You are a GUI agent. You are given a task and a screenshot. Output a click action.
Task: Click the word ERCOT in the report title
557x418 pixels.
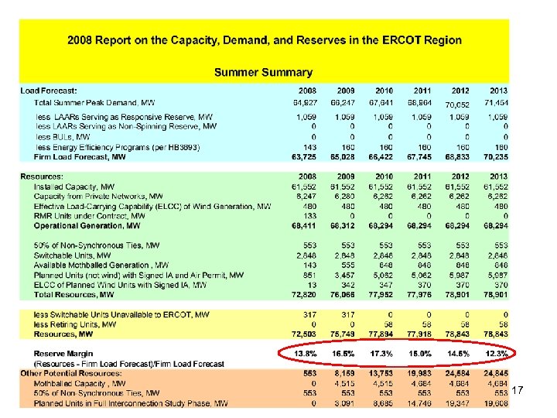[391, 40]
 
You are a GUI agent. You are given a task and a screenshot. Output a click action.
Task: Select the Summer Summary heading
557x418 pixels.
[263, 73]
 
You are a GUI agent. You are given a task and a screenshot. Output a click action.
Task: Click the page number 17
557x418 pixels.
[518, 392]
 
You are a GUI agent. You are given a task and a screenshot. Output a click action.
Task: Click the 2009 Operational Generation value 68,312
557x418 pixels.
[341, 226]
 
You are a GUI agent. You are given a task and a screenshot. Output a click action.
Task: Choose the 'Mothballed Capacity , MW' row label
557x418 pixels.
[80, 382]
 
